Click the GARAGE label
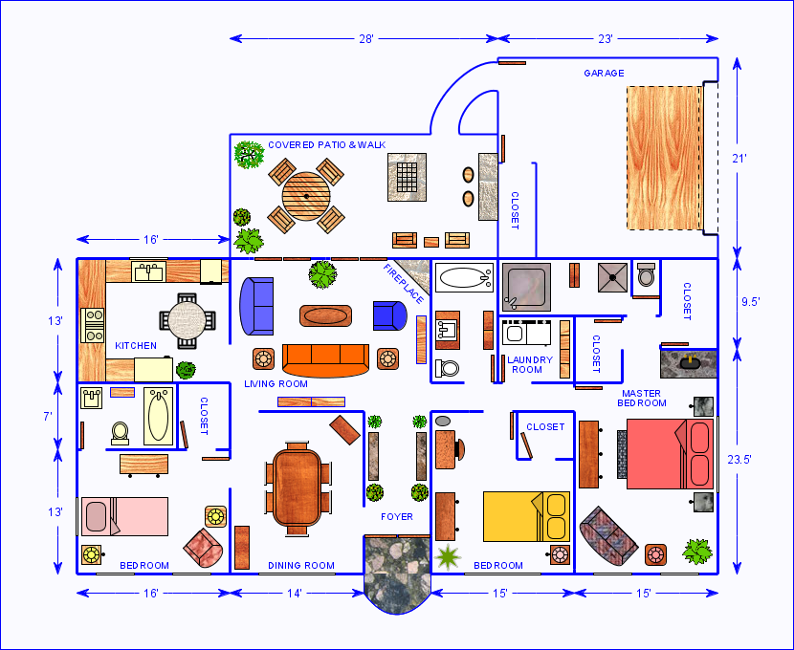point(604,74)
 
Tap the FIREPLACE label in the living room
point(404,284)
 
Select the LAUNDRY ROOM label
point(530,365)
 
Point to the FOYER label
point(396,516)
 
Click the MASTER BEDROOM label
point(642,398)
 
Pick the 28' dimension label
point(366,39)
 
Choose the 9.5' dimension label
point(750,302)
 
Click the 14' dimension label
point(295,594)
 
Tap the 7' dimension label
point(48,417)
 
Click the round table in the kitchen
point(187,321)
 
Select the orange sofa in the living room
point(325,360)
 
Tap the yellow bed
point(526,516)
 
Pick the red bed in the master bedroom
point(671,454)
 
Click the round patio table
point(306,196)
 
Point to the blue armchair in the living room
point(389,315)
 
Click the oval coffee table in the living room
point(325,315)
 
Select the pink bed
point(124,516)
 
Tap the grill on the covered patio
point(407,178)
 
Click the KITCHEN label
point(136,346)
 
